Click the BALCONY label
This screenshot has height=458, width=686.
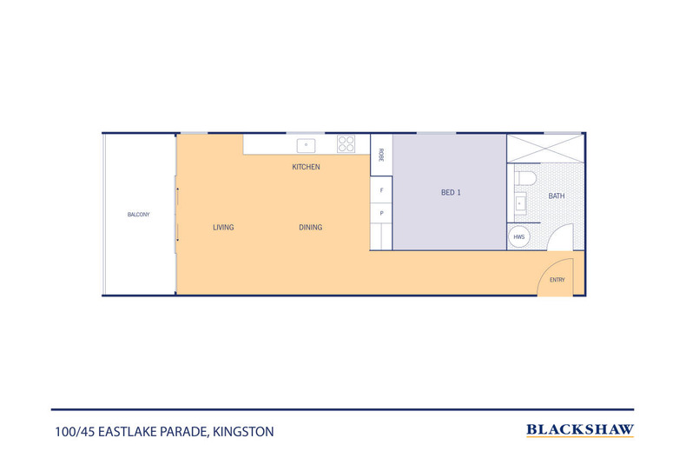click(138, 215)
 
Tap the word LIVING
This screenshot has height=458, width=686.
click(223, 227)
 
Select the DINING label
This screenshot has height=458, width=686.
click(310, 227)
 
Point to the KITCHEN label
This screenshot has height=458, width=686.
click(306, 167)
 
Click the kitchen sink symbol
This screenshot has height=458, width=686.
click(306, 145)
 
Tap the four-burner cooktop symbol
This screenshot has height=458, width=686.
click(346, 144)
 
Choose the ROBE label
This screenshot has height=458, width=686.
click(381, 155)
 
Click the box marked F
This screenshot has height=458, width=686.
click(381, 190)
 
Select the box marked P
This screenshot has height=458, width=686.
click(381, 214)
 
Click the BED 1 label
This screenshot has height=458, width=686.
click(451, 193)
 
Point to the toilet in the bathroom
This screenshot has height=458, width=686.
click(525, 179)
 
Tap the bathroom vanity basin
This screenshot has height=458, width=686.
click(520, 203)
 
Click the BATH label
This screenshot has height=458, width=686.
click(556, 196)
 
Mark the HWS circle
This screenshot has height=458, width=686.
click(519, 237)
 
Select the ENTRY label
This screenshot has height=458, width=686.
click(557, 280)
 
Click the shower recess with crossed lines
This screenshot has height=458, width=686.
click(545, 149)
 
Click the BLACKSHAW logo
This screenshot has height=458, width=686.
click(580, 430)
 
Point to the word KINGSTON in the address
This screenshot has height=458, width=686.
click(243, 432)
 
